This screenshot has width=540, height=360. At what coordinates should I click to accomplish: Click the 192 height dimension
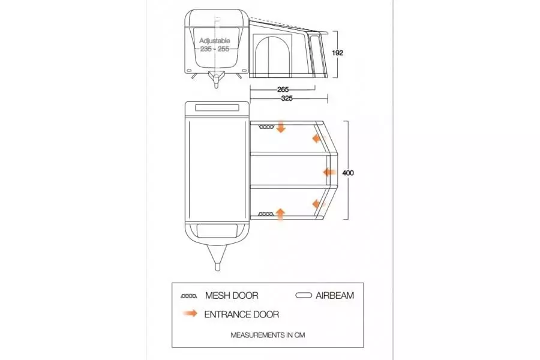(337, 53)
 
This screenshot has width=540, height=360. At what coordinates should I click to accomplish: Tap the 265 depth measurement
(283, 89)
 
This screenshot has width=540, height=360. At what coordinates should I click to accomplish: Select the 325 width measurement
(287, 98)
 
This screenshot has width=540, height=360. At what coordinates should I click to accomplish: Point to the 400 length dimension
(348, 173)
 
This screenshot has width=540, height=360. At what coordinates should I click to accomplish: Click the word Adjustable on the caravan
(215, 41)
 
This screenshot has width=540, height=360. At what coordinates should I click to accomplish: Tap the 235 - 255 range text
(215, 49)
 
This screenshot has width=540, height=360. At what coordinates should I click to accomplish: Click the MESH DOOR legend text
(232, 296)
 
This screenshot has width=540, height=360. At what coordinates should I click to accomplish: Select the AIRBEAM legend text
(335, 296)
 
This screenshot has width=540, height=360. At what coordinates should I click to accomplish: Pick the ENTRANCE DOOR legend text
(241, 314)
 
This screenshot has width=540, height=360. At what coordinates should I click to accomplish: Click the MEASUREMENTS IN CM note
(268, 335)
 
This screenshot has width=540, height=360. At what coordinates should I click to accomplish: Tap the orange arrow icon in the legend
(190, 313)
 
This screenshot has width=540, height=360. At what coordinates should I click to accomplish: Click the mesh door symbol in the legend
(189, 296)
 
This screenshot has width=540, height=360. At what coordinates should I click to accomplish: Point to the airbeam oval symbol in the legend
(304, 295)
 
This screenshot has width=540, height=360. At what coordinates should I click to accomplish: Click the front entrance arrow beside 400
(329, 172)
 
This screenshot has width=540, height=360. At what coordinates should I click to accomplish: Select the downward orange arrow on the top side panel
(281, 127)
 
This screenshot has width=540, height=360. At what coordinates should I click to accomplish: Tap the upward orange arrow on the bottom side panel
(281, 214)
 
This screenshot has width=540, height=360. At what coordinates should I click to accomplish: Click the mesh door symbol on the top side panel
(266, 127)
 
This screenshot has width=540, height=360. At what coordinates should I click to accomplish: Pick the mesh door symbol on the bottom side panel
(266, 214)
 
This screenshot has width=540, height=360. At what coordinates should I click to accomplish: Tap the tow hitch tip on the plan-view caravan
(217, 268)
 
